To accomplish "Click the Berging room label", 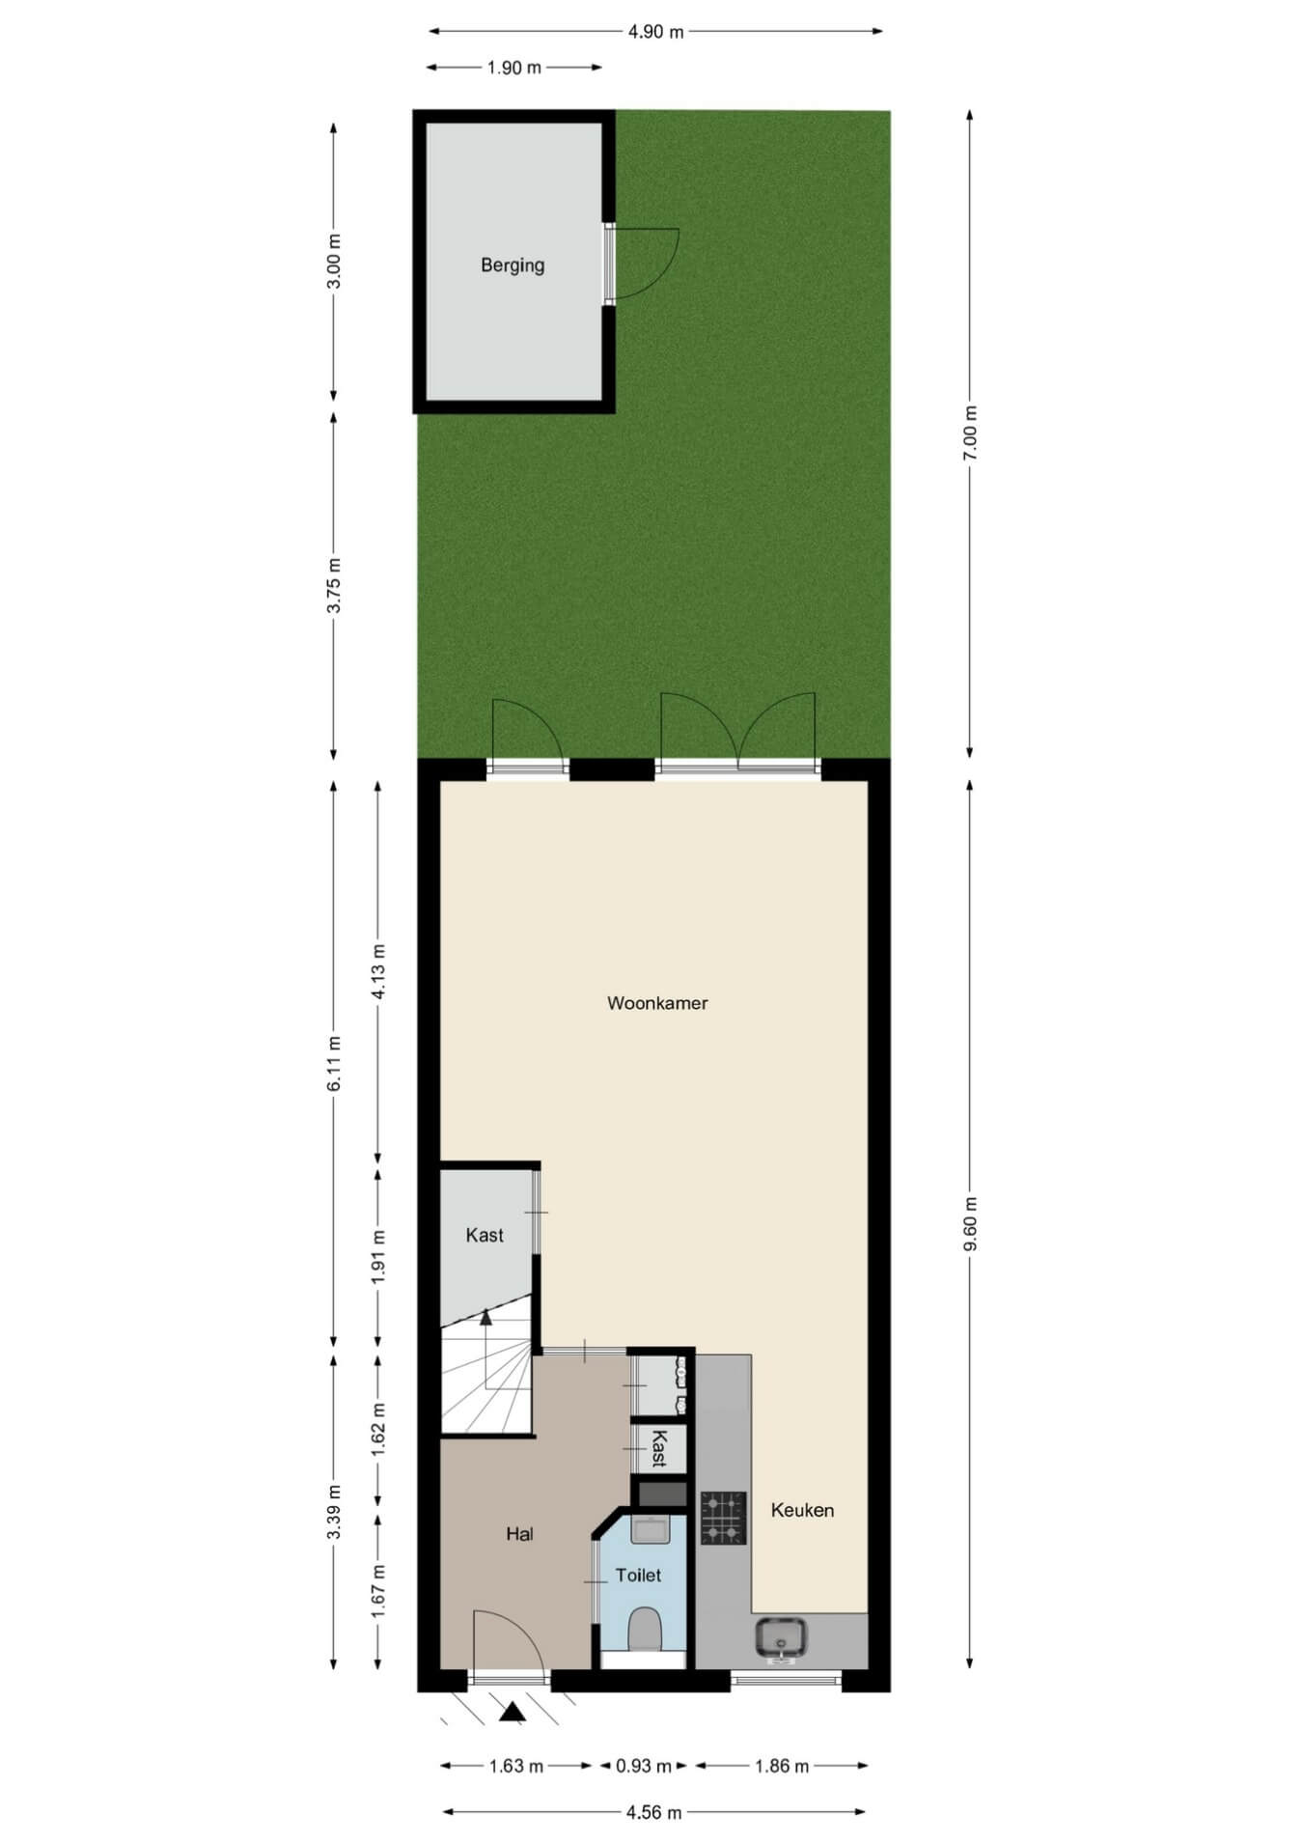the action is point(513,265).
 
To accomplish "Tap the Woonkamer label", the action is point(657,1003).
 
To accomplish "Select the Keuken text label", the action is point(802,1510).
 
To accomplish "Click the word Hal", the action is point(519,1533).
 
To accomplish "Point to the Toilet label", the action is point(638,1575).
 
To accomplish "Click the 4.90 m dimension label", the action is point(655,31).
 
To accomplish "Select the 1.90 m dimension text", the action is point(514,68).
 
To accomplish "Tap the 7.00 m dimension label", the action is point(971,433).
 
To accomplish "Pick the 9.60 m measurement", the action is point(971,1224).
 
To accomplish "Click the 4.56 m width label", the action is point(654,1812).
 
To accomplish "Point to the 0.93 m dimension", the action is point(644,1766).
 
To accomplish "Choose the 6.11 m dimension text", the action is point(335,1064).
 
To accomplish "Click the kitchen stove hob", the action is point(723,1518).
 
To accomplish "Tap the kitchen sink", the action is point(781,1638).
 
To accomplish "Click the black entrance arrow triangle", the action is point(513,1712).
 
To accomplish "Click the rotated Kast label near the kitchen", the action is point(659,1448).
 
